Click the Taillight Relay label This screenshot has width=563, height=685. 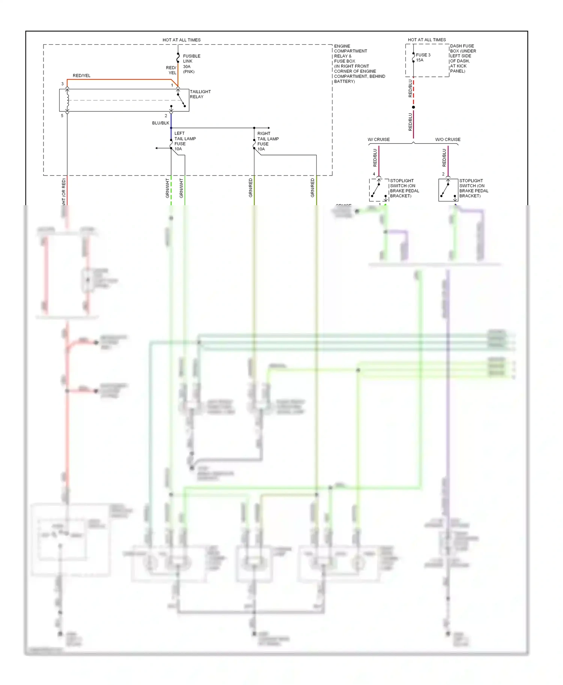(200, 94)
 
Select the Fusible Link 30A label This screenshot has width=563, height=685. (191, 64)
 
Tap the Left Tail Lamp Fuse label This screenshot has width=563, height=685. (185, 141)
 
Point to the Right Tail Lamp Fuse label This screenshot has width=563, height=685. (268, 141)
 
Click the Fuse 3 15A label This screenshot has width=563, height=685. (423, 57)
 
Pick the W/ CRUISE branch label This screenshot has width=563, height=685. (379, 140)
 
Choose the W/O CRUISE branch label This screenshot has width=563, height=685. (448, 140)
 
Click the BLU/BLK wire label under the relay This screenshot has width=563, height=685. (161, 123)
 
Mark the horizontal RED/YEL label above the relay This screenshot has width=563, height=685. (81, 76)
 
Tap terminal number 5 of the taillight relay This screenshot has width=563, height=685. (62, 116)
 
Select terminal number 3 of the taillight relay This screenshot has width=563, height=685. (62, 84)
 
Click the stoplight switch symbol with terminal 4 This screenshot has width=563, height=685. (379, 190)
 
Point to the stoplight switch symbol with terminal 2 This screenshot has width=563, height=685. (448, 190)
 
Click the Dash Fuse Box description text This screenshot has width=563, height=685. (463, 59)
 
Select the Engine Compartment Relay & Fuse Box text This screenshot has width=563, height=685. (359, 64)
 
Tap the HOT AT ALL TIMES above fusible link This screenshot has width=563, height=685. (181, 40)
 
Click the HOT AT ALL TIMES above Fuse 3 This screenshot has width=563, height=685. (427, 40)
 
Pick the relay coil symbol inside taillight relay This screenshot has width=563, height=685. (68, 100)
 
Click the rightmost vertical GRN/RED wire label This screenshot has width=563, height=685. (313, 188)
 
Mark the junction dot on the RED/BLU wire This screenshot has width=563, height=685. (413, 107)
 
